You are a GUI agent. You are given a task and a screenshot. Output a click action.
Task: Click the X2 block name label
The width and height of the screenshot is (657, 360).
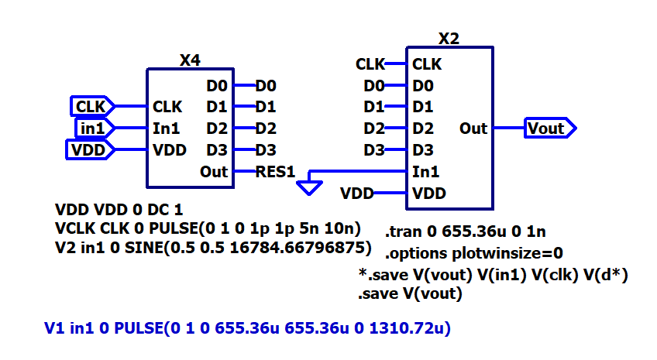pos(450,39)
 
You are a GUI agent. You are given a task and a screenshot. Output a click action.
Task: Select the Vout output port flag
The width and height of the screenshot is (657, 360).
pos(549,128)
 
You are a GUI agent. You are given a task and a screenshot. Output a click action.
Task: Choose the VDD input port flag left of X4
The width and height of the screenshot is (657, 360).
pos(88,149)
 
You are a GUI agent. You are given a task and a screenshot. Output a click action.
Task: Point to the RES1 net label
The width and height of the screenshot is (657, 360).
pos(275,172)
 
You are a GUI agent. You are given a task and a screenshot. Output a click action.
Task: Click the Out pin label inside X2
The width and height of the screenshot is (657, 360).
pos(473,128)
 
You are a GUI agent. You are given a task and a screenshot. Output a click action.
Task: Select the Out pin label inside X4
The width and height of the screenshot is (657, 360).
pos(214,172)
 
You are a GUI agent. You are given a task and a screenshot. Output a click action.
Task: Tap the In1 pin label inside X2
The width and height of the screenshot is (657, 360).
pos(427,172)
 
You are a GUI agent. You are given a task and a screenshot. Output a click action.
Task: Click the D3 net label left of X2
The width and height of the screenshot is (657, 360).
pos(374,149)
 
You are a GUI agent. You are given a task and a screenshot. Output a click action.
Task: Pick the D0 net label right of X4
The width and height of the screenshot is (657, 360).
pos(266,84)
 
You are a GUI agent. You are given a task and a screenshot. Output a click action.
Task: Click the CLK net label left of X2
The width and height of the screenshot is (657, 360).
pos(370,63)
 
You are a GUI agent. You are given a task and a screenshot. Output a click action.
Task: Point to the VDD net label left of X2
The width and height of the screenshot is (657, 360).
pos(357,193)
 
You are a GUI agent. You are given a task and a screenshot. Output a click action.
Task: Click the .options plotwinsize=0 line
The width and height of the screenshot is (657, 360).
pos(473,253)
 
